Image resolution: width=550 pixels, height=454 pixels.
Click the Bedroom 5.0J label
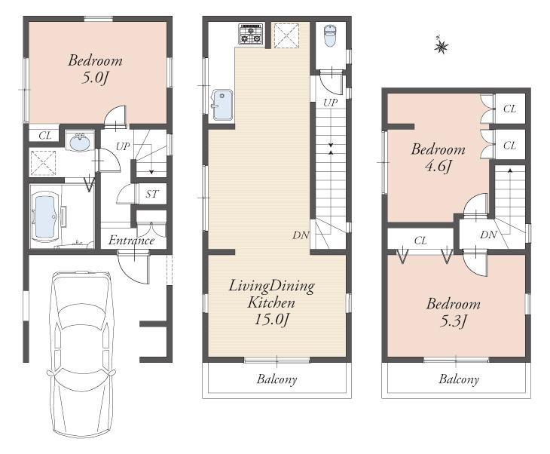tap(96, 69)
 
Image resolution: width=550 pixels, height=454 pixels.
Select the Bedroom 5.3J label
tap(453, 313)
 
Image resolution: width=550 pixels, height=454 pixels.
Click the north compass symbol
tap(441, 46)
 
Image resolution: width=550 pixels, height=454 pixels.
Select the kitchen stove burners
tap(251, 33)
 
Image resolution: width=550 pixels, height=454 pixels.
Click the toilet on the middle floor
tap(329, 35)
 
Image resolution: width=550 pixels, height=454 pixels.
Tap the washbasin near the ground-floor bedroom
tap(79, 141)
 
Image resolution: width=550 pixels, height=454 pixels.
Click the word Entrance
tap(131, 241)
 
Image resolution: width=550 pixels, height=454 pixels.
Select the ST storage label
tap(152, 194)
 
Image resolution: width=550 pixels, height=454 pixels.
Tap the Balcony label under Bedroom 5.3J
tap(459, 379)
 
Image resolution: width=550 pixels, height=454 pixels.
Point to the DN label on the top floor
tap(488, 235)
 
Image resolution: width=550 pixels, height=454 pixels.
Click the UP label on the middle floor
tap(330, 102)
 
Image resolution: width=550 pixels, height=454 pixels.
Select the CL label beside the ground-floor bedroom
tap(45, 136)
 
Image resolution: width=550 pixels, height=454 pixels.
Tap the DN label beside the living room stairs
tap(301, 235)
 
